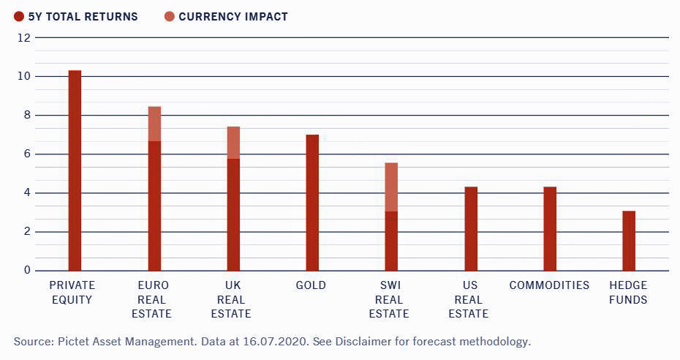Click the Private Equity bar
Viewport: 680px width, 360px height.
[75, 170]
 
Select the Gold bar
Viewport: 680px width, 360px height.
[312, 203]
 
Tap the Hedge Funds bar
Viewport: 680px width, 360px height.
[629, 241]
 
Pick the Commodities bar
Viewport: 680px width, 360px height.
[550, 229]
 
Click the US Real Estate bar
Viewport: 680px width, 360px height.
[471, 229]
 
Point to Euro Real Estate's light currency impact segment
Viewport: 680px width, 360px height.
[154, 124]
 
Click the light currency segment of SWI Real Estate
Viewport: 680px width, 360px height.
[391, 187]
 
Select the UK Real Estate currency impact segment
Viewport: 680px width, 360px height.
[233, 143]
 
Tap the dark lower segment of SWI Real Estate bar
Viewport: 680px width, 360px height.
[391, 241]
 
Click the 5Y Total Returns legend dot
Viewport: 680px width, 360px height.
[18, 16]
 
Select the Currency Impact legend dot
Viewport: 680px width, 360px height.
[169, 16]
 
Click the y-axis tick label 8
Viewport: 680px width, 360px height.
[27, 116]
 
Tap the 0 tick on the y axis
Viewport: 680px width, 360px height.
[27, 271]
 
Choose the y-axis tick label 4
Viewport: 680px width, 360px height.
[27, 193]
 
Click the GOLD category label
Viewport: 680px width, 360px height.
[312, 285]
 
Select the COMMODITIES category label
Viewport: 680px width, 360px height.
[550, 285]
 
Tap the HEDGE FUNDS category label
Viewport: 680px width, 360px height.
[629, 292]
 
